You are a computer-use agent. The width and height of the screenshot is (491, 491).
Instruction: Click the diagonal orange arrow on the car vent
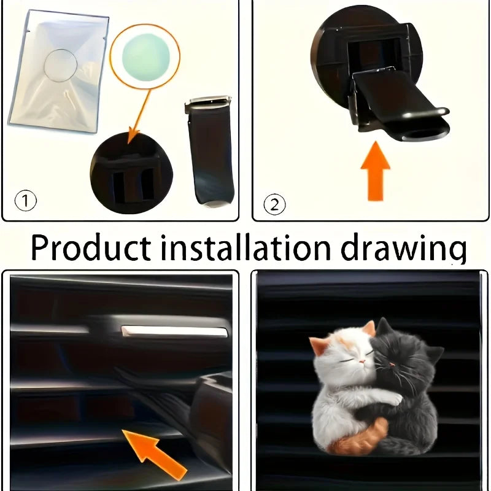point(153,450)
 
